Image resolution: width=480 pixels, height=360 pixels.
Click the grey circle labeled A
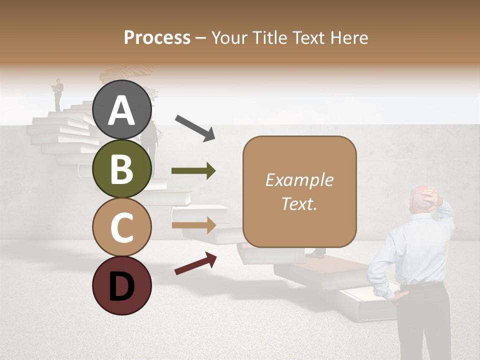(x=121, y=110)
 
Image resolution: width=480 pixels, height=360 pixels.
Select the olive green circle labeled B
(x=121, y=169)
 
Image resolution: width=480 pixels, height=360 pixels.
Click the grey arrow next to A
(x=194, y=127)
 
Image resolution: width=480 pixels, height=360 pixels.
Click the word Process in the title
(x=157, y=37)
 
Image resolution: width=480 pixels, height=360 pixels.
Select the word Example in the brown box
(x=299, y=180)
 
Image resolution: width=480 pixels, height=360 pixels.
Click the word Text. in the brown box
(x=299, y=203)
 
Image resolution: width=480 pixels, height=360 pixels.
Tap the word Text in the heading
(x=308, y=37)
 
